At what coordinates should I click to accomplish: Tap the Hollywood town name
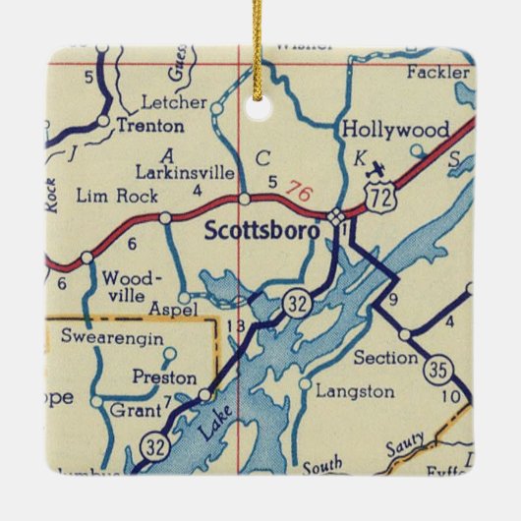point(395,130)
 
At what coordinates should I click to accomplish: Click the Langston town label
point(355,390)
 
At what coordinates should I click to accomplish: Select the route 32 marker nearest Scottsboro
point(298,303)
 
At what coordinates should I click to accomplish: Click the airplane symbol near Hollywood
point(375,174)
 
